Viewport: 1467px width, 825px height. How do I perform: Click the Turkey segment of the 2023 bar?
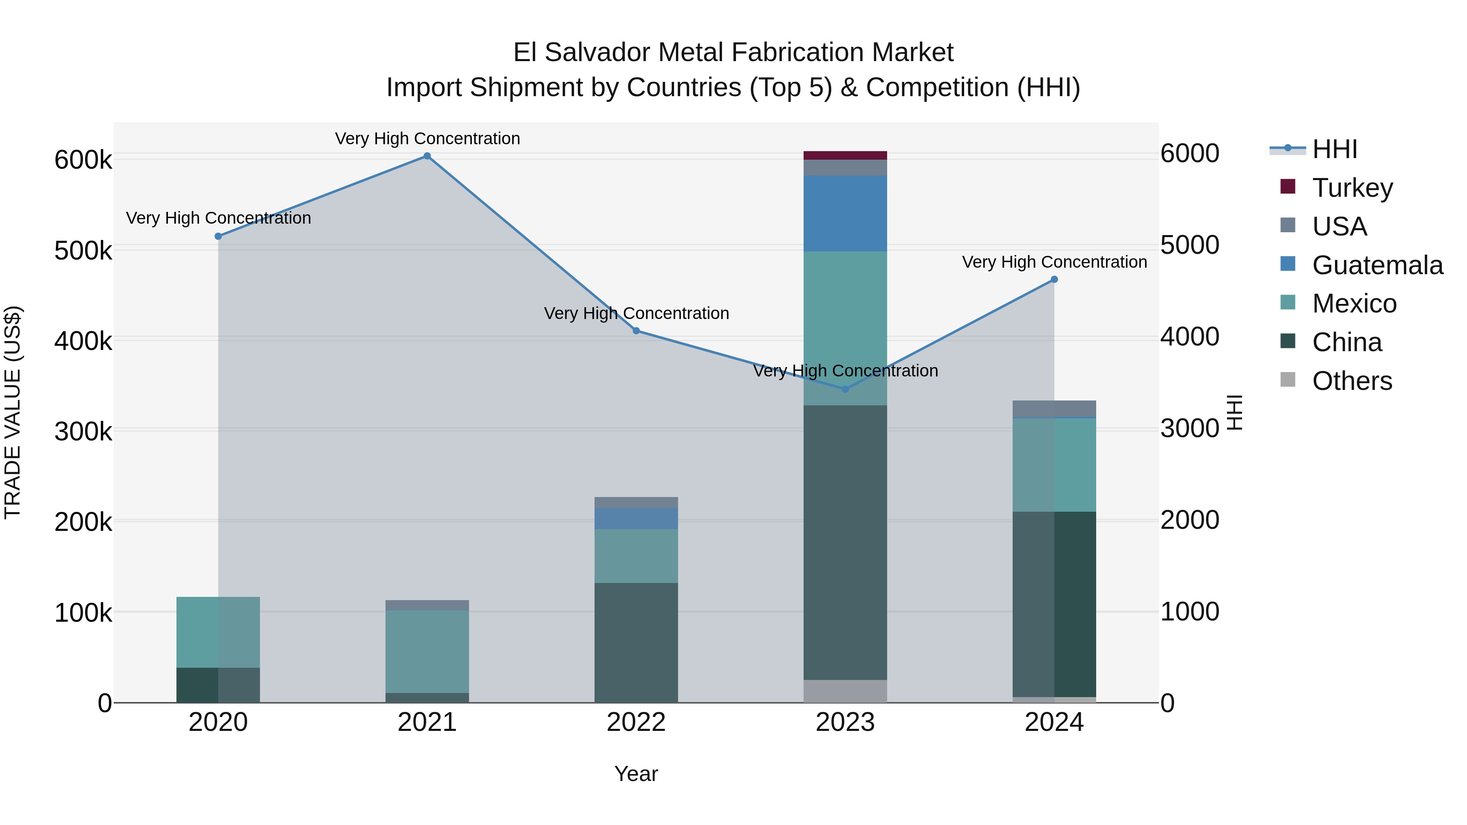pyautogui.click(x=845, y=156)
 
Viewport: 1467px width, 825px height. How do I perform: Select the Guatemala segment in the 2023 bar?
pyautogui.click(x=845, y=213)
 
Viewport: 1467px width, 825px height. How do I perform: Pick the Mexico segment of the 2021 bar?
pyautogui.click(x=427, y=651)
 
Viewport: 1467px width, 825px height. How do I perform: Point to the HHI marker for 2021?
pyautogui.click(x=427, y=156)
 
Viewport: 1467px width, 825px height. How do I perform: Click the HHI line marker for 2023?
pyautogui.click(x=845, y=389)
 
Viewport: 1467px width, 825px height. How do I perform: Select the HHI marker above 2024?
pyautogui.click(x=1054, y=279)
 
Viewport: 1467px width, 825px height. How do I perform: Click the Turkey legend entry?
pyautogui.click(x=1352, y=188)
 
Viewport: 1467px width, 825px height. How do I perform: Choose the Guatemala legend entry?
pyautogui.click(x=1377, y=265)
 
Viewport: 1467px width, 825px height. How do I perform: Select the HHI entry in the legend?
pyautogui.click(x=1334, y=149)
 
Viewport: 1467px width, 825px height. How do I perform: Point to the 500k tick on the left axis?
pyautogui.click(x=83, y=251)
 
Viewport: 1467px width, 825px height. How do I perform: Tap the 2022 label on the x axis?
pyautogui.click(x=636, y=722)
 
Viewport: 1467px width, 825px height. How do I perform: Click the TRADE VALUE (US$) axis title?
pyautogui.click(x=13, y=412)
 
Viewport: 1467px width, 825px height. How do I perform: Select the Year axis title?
pyautogui.click(x=636, y=774)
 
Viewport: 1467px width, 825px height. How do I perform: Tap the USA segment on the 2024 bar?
pyautogui.click(x=1054, y=408)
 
